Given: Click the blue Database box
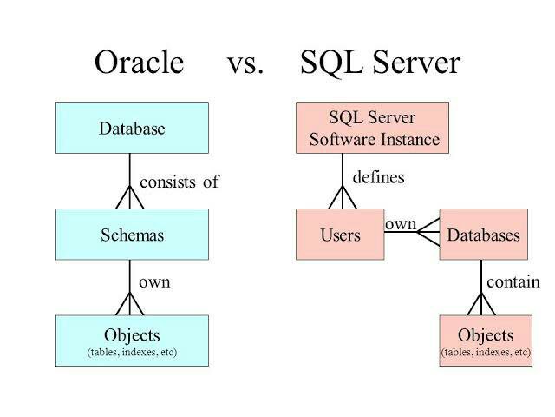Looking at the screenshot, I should pos(131,129).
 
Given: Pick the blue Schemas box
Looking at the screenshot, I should pos(131,235).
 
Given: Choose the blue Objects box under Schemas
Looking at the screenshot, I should pos(131,340).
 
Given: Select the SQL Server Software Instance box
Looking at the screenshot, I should pos(373,129).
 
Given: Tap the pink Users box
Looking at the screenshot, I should pos(339,235).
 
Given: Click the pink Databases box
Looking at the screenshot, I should pos(482,235).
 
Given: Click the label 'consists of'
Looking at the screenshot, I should pos(180,182).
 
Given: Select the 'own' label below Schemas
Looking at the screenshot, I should pos(154,282).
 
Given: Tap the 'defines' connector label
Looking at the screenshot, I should pos(378,177).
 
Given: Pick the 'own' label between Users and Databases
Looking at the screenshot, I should pos(401,224).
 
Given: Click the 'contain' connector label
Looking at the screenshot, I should pos(513,282).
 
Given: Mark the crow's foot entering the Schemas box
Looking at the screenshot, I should pos(130,199).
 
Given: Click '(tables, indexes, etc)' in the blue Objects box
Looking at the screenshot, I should pos(131,352).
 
